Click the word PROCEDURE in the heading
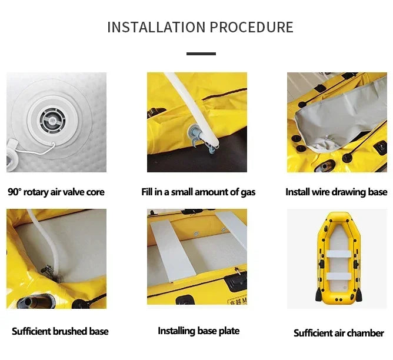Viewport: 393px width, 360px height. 252,27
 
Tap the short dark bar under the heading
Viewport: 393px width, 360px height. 201,54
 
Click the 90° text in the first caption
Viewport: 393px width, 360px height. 15,192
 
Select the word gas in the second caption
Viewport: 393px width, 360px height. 248,192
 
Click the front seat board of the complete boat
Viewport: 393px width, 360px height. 338,254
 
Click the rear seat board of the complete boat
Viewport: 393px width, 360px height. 339,276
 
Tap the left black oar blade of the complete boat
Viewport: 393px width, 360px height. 318,295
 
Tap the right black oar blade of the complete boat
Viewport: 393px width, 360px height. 359,295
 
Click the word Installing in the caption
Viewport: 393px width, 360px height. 176,331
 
